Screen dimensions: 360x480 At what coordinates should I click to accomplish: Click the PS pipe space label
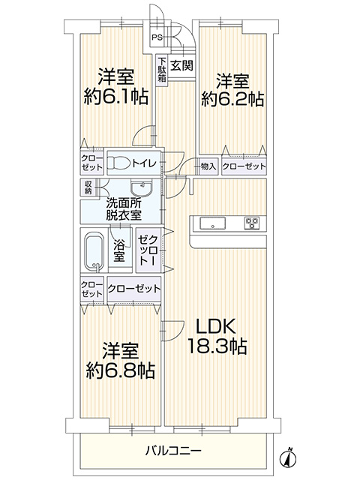coord(157,37)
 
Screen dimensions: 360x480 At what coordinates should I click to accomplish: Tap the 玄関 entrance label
coord(181,65)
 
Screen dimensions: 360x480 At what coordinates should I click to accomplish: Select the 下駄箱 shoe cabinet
coord(161,70)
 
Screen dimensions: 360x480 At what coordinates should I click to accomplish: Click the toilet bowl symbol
coord(118,163)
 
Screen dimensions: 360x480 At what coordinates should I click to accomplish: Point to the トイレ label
coord(144,163)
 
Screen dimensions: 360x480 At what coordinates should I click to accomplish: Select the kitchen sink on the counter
coord(213,223)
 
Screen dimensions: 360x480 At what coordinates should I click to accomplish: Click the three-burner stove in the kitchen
coord(252,223)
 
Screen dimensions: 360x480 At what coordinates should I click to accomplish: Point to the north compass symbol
coord(288,457)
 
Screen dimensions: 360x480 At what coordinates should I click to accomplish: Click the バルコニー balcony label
coord(173,451)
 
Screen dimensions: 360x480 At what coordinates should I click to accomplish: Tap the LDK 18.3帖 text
coord(217,336)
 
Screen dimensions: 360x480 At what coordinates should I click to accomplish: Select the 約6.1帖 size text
coord(116,97)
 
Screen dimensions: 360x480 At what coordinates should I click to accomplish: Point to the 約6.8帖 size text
coord(120,370)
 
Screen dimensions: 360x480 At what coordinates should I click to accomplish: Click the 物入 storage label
coord(208,166)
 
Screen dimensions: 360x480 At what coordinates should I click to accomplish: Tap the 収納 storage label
coord(88,187)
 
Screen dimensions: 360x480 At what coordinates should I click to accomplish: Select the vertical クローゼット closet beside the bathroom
coord(148,250)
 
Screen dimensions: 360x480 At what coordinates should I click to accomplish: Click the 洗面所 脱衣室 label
coord(124,209)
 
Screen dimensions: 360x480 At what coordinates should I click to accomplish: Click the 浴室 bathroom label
coord(119,251)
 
